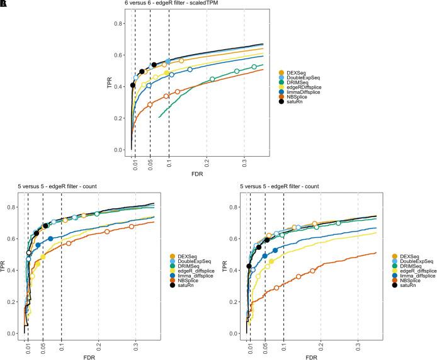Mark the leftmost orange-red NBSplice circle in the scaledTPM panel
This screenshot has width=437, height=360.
tap(150, 104)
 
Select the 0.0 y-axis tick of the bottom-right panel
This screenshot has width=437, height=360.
tap(231, 334)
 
